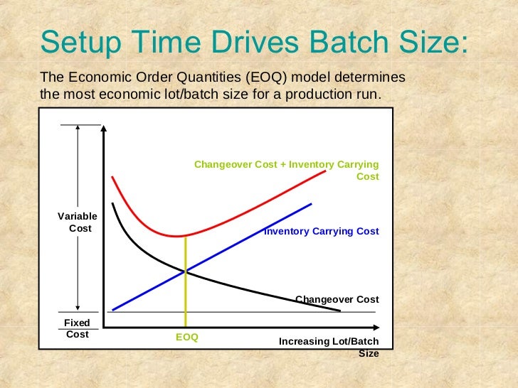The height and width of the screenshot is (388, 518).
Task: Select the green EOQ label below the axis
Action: (x=186, y=337)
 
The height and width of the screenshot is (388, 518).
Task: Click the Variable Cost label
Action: (x=77, y=222)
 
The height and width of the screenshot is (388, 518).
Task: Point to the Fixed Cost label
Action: (x=77, y=328)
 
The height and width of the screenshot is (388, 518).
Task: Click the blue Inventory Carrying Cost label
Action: (x=322, y=232)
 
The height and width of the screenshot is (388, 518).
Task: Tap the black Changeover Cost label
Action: (x=337, y=299)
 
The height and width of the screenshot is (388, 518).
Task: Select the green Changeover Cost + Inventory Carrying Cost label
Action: (x=287, y=170)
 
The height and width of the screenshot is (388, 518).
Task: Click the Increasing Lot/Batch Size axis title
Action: (x=329, y=347)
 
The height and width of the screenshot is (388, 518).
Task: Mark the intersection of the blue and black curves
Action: (x=186, y=271)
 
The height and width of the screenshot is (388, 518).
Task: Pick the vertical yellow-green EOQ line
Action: (x=186, y=298)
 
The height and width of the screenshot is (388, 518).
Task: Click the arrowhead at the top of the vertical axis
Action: (x=104, y=129)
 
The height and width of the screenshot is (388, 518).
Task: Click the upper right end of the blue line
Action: (x=312, y=204)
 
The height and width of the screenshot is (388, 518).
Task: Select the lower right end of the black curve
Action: (x=340, y=311)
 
